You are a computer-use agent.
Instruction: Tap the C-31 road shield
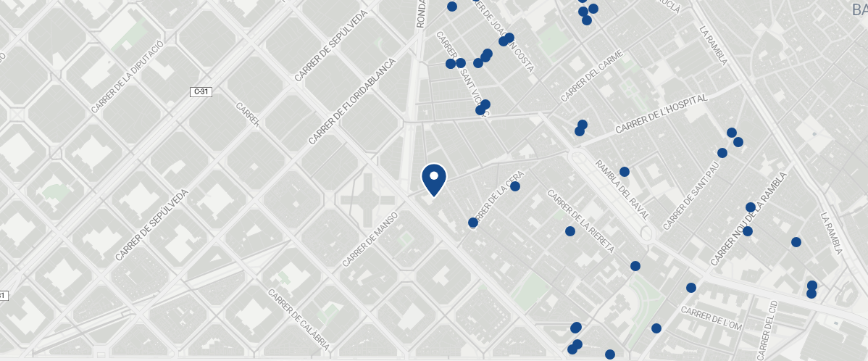202,92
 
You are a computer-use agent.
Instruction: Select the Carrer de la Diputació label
128,77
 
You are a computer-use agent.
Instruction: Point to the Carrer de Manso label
370,238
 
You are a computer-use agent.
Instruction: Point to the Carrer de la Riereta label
581,222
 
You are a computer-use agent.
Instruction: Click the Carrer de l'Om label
711,318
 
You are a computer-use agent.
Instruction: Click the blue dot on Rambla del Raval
625,172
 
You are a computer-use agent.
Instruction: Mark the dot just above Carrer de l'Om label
691,288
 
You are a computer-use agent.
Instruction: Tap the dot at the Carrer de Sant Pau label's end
722,153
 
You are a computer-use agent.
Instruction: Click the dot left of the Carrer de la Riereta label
570,231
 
